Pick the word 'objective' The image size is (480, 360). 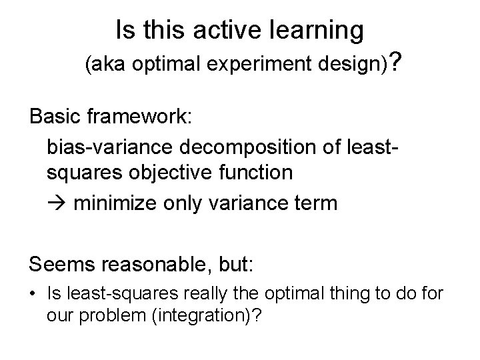click(177, 173)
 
